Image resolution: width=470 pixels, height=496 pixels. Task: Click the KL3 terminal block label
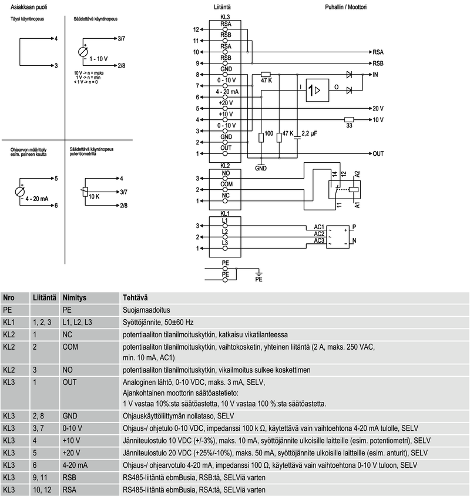[224, 17]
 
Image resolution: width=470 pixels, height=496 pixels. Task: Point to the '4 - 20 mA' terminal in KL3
[227, 92]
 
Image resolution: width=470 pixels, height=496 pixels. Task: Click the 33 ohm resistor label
[349, 125]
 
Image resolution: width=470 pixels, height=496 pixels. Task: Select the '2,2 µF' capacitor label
[309, 134]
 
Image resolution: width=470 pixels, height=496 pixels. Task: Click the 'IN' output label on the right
[377, 75]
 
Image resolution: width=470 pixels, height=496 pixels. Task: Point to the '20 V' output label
[378, 109]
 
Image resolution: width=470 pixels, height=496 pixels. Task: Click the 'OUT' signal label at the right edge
[378, 153]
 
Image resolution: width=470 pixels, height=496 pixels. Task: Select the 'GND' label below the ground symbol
[261, 168]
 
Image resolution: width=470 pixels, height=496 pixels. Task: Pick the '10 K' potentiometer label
[94, 196]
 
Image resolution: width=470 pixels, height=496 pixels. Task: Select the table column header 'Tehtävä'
[135, 298]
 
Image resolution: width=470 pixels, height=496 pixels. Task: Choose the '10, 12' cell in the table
[39, 490]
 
